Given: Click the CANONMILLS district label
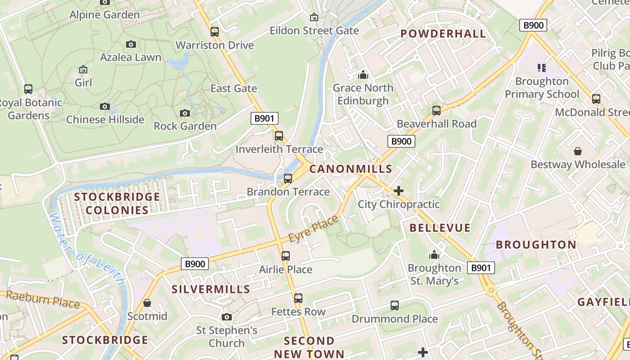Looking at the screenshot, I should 351,169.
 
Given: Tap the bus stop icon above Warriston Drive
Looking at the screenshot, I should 215,32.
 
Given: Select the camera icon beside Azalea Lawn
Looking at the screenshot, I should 131,44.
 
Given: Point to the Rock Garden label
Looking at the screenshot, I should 185,126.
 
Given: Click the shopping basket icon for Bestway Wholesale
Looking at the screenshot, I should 578,151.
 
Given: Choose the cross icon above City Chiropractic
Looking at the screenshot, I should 398,191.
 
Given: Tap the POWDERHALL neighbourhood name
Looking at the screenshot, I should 443,34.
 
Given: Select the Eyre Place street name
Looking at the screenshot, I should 313,229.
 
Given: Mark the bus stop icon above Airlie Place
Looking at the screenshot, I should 286,256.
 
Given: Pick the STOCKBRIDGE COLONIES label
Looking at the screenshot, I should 117,203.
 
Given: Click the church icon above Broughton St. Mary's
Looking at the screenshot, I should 434,255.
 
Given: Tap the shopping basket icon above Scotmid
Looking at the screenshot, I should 147,303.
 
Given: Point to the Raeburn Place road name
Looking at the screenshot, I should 43,299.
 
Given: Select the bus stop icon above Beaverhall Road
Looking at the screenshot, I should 436,111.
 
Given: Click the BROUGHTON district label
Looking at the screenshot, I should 536,245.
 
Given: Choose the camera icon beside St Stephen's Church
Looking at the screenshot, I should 227,317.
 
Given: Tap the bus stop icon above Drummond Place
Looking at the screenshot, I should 395,306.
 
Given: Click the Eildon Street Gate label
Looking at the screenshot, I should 314,31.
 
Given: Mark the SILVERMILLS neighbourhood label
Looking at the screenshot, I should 211,289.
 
